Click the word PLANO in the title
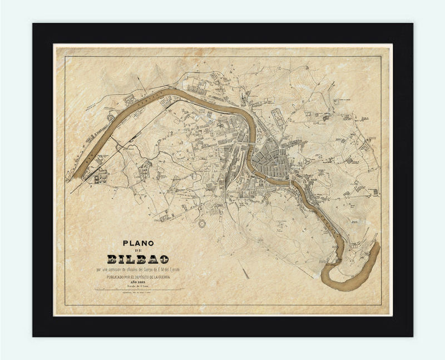click(x=138, y=243)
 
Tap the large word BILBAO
click(x=139, y=259)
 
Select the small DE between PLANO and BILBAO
click(x=139, y=251)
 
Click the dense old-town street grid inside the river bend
click(x=270, y=161)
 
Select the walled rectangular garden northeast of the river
click(x=276, y=117)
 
